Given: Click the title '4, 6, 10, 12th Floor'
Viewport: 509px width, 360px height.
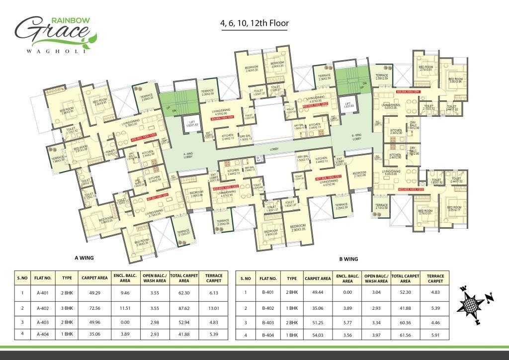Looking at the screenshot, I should [254, 23].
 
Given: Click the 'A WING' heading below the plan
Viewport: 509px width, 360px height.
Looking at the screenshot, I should [85, 258].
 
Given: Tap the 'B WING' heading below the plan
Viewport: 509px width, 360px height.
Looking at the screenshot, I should [348, 259].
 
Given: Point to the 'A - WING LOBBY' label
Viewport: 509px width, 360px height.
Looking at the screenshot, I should [187, 156].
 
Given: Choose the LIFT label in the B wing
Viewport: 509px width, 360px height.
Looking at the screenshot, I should [349, 105].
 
